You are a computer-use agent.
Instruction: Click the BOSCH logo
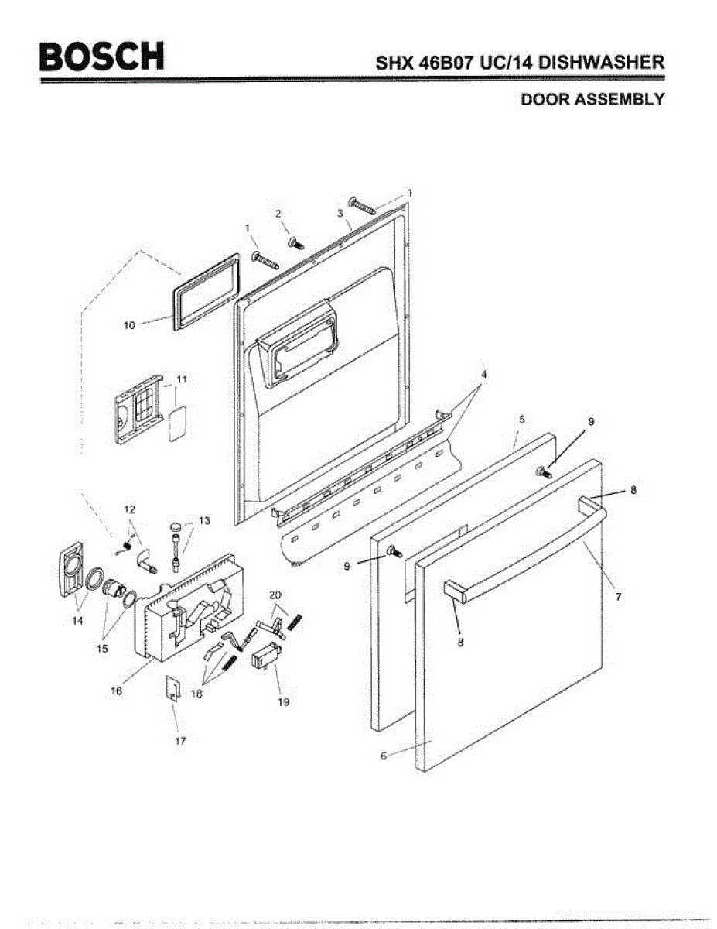tap(103, 56)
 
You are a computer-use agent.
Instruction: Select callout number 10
tap(130, 326)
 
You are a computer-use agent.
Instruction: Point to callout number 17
tap(180, 740)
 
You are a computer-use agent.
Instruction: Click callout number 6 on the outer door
tap(383, 756)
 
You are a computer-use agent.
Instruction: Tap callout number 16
tap(116, 691)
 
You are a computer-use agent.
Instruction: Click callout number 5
tap(522, 419)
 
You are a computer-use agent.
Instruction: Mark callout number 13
tap(204, 521)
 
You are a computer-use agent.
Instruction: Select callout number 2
tap(278, 213)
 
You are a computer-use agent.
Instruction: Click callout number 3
tap(340, 212)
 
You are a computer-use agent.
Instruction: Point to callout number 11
tap(183, 379)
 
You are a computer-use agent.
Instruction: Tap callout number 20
tap(275, 595)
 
